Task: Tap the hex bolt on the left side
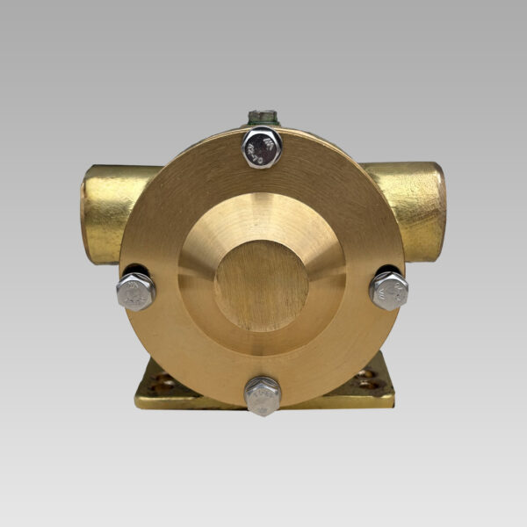[x=135, y=292]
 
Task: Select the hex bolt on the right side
[x=388, y=290]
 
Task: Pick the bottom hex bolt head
[x=262, y=395]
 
